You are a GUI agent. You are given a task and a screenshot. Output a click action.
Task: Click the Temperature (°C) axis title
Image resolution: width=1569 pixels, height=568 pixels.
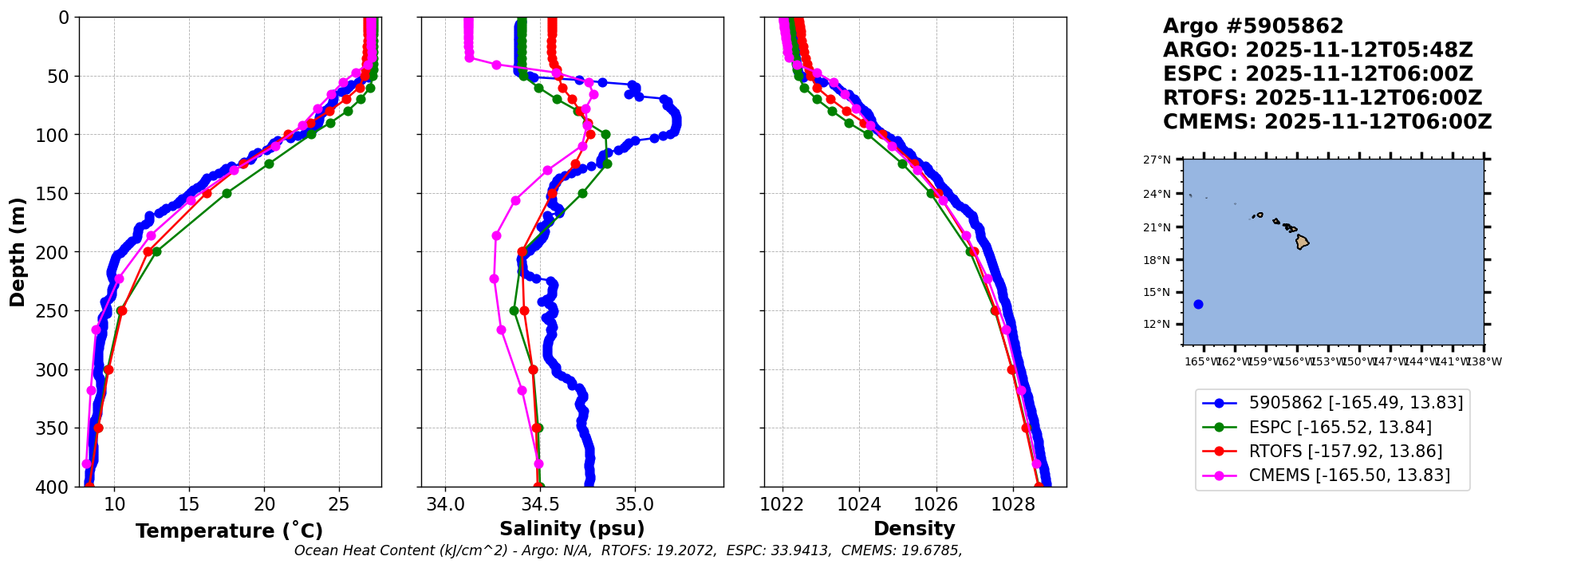[x=229, y=531]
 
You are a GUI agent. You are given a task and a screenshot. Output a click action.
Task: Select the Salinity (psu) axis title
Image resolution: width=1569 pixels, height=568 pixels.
[x=572, y=529]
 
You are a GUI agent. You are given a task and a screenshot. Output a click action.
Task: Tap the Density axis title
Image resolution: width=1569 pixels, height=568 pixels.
[x=914, y=529]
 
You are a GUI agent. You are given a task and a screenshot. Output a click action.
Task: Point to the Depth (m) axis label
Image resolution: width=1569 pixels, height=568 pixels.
[x=18, y=252]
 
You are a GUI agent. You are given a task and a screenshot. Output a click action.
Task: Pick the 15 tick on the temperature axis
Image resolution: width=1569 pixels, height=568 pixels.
[x=189, y=504]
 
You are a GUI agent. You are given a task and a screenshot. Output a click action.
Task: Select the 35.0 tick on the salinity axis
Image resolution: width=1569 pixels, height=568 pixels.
[x=635, y=504]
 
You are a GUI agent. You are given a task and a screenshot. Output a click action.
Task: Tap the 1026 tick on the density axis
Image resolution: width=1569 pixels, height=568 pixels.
[x=936, y=504]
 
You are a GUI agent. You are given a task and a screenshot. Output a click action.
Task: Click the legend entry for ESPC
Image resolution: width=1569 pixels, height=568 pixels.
[x=1340, y=428]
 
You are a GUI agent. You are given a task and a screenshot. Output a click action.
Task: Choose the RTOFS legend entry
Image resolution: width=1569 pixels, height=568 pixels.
[x=1345, y=452]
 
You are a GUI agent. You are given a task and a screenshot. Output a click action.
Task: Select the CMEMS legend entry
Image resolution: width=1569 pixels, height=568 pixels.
[x=1349, y=475]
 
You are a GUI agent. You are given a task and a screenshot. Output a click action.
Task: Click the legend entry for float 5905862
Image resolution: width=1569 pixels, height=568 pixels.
[x=1355, y=404]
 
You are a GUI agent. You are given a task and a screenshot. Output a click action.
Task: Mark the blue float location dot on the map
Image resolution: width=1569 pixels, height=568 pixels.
[x=1198, y=304]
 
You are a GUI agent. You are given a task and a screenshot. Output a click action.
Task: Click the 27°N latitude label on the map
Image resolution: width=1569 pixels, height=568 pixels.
[x=1157, y=160]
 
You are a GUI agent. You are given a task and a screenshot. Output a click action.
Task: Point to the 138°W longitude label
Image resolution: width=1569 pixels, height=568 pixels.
[x=1484, y=361]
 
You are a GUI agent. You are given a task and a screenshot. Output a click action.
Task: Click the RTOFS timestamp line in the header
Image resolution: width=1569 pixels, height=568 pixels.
[x=1322, y=98]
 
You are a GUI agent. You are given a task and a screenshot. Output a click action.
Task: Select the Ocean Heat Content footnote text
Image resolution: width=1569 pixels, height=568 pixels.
[x=628, y=550]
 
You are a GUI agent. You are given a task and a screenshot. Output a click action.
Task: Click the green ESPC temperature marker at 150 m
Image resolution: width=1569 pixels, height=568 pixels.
[x=227, y=193]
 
